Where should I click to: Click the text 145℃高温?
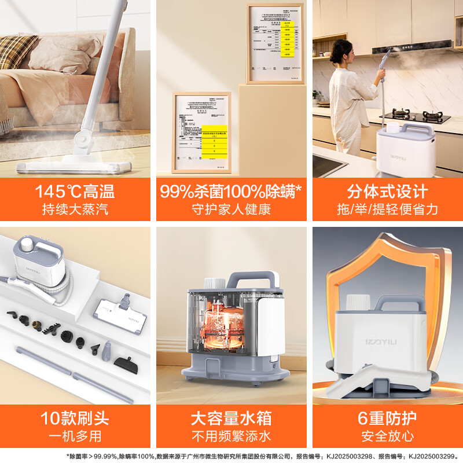(75, 191)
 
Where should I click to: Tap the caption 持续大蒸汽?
(75, 210)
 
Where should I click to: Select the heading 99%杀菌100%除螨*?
(231, 191)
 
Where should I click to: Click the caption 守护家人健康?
(231, 210)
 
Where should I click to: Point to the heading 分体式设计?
(387, 191)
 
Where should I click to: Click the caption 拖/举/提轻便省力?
(387, 210)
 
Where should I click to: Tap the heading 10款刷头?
(75, 418)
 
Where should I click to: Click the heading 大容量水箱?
(231, 418)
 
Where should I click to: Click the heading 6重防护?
(387, 418)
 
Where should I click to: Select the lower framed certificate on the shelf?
(202, 132)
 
